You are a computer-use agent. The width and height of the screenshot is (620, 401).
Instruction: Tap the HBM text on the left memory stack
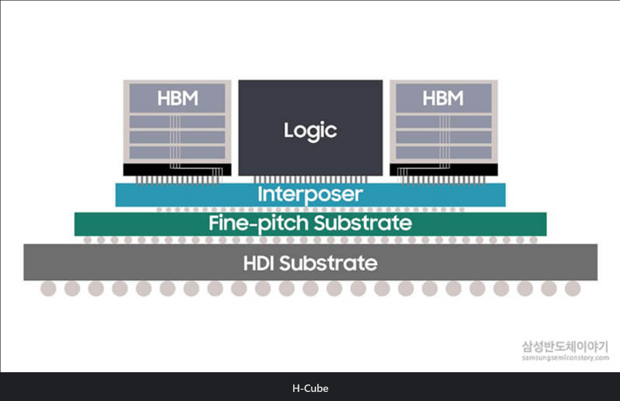pos(177,99)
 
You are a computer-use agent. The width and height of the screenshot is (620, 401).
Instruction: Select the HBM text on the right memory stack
pos(443,99)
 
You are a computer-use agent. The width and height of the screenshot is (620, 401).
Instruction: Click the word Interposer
pos(310,194)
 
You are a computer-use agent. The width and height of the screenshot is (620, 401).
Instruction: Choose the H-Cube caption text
pos(310,388)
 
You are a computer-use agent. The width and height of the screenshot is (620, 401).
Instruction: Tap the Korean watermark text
pos(566,347)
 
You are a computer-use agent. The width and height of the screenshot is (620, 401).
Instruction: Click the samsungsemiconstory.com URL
pos(566,358)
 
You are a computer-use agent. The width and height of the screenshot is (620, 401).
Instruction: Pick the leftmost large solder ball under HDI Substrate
pos(49,289)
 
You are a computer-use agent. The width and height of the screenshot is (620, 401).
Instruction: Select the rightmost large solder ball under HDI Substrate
pos(572,289)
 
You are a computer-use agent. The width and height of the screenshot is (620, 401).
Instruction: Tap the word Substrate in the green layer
pos(363,223)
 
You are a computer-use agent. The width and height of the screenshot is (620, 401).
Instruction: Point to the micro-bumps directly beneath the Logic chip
pos(310,180)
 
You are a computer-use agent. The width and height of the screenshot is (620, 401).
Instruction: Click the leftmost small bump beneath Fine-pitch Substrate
pos(88,240)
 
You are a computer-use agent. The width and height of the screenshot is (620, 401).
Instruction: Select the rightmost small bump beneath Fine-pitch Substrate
pos(533,240)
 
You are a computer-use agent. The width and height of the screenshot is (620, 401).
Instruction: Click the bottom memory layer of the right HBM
pos(443,153)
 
